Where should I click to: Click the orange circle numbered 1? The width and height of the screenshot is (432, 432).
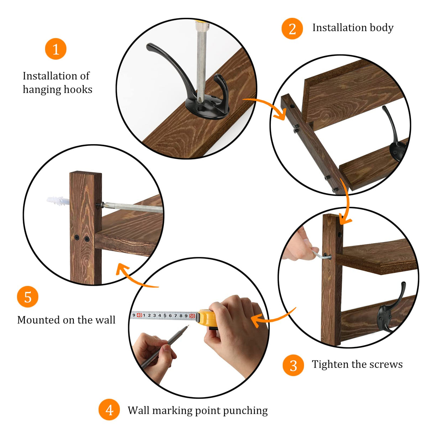coord(56,49)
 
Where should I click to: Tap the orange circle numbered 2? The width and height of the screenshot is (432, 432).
coord(292,28)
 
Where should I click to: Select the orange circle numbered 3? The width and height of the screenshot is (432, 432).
coord(293,365)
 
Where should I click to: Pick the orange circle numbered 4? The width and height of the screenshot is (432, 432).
coord(109,410)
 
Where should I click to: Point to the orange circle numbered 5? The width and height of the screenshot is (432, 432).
coord(27,297)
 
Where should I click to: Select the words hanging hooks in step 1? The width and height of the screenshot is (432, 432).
coord(57,89)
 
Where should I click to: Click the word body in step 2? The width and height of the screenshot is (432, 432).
coord(381,28)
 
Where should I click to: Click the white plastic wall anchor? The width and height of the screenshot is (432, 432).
coord(58,201)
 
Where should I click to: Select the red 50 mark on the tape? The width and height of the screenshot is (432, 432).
coord(192,316)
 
